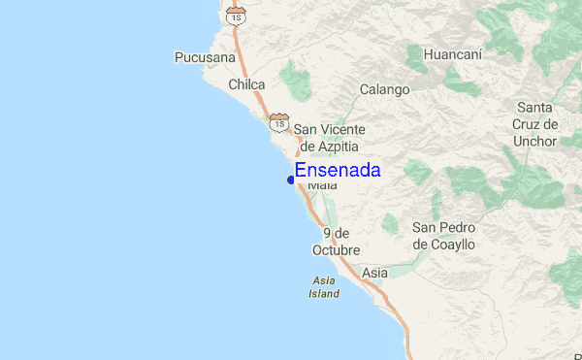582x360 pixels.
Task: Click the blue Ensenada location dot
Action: pos(291,180)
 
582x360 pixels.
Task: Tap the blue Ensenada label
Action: pos(338,171)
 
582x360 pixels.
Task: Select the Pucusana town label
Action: pos(205,58)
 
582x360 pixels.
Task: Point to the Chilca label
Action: pos(246,85)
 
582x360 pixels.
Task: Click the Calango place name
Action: pos(385,90)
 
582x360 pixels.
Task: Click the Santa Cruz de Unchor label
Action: pos(536,123)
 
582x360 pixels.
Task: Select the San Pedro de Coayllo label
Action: pos(443,236)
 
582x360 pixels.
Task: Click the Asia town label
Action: pos(374,274)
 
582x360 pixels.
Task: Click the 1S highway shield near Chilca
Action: pos(279,122)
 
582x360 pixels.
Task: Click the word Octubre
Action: pos(336,250)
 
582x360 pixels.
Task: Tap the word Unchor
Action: pos(536,141)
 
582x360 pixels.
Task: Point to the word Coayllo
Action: pos(443,245)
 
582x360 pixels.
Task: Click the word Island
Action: pos(324,293)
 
